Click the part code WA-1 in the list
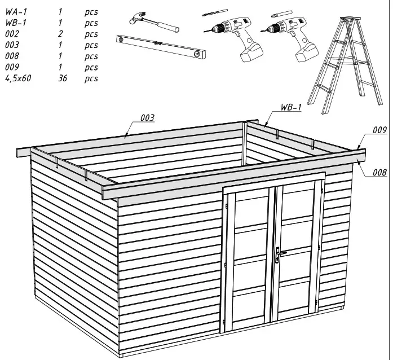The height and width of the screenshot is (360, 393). [15, 12]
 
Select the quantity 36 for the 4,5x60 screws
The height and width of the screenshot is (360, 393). [62, 79]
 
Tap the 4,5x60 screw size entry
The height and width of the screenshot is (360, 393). [18, 79]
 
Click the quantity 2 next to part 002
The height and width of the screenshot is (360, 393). [61, 34]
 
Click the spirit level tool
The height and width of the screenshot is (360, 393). [160, 47]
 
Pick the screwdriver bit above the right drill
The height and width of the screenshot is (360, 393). [281, 13]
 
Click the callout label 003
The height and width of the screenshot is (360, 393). [147, 117]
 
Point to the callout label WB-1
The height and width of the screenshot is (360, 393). [291, 107]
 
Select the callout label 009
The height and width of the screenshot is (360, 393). [379, 130]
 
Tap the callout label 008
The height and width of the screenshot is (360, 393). [379, 173]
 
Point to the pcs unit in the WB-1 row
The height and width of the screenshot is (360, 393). [91, 23]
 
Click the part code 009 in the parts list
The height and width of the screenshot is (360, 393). [12, 68]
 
